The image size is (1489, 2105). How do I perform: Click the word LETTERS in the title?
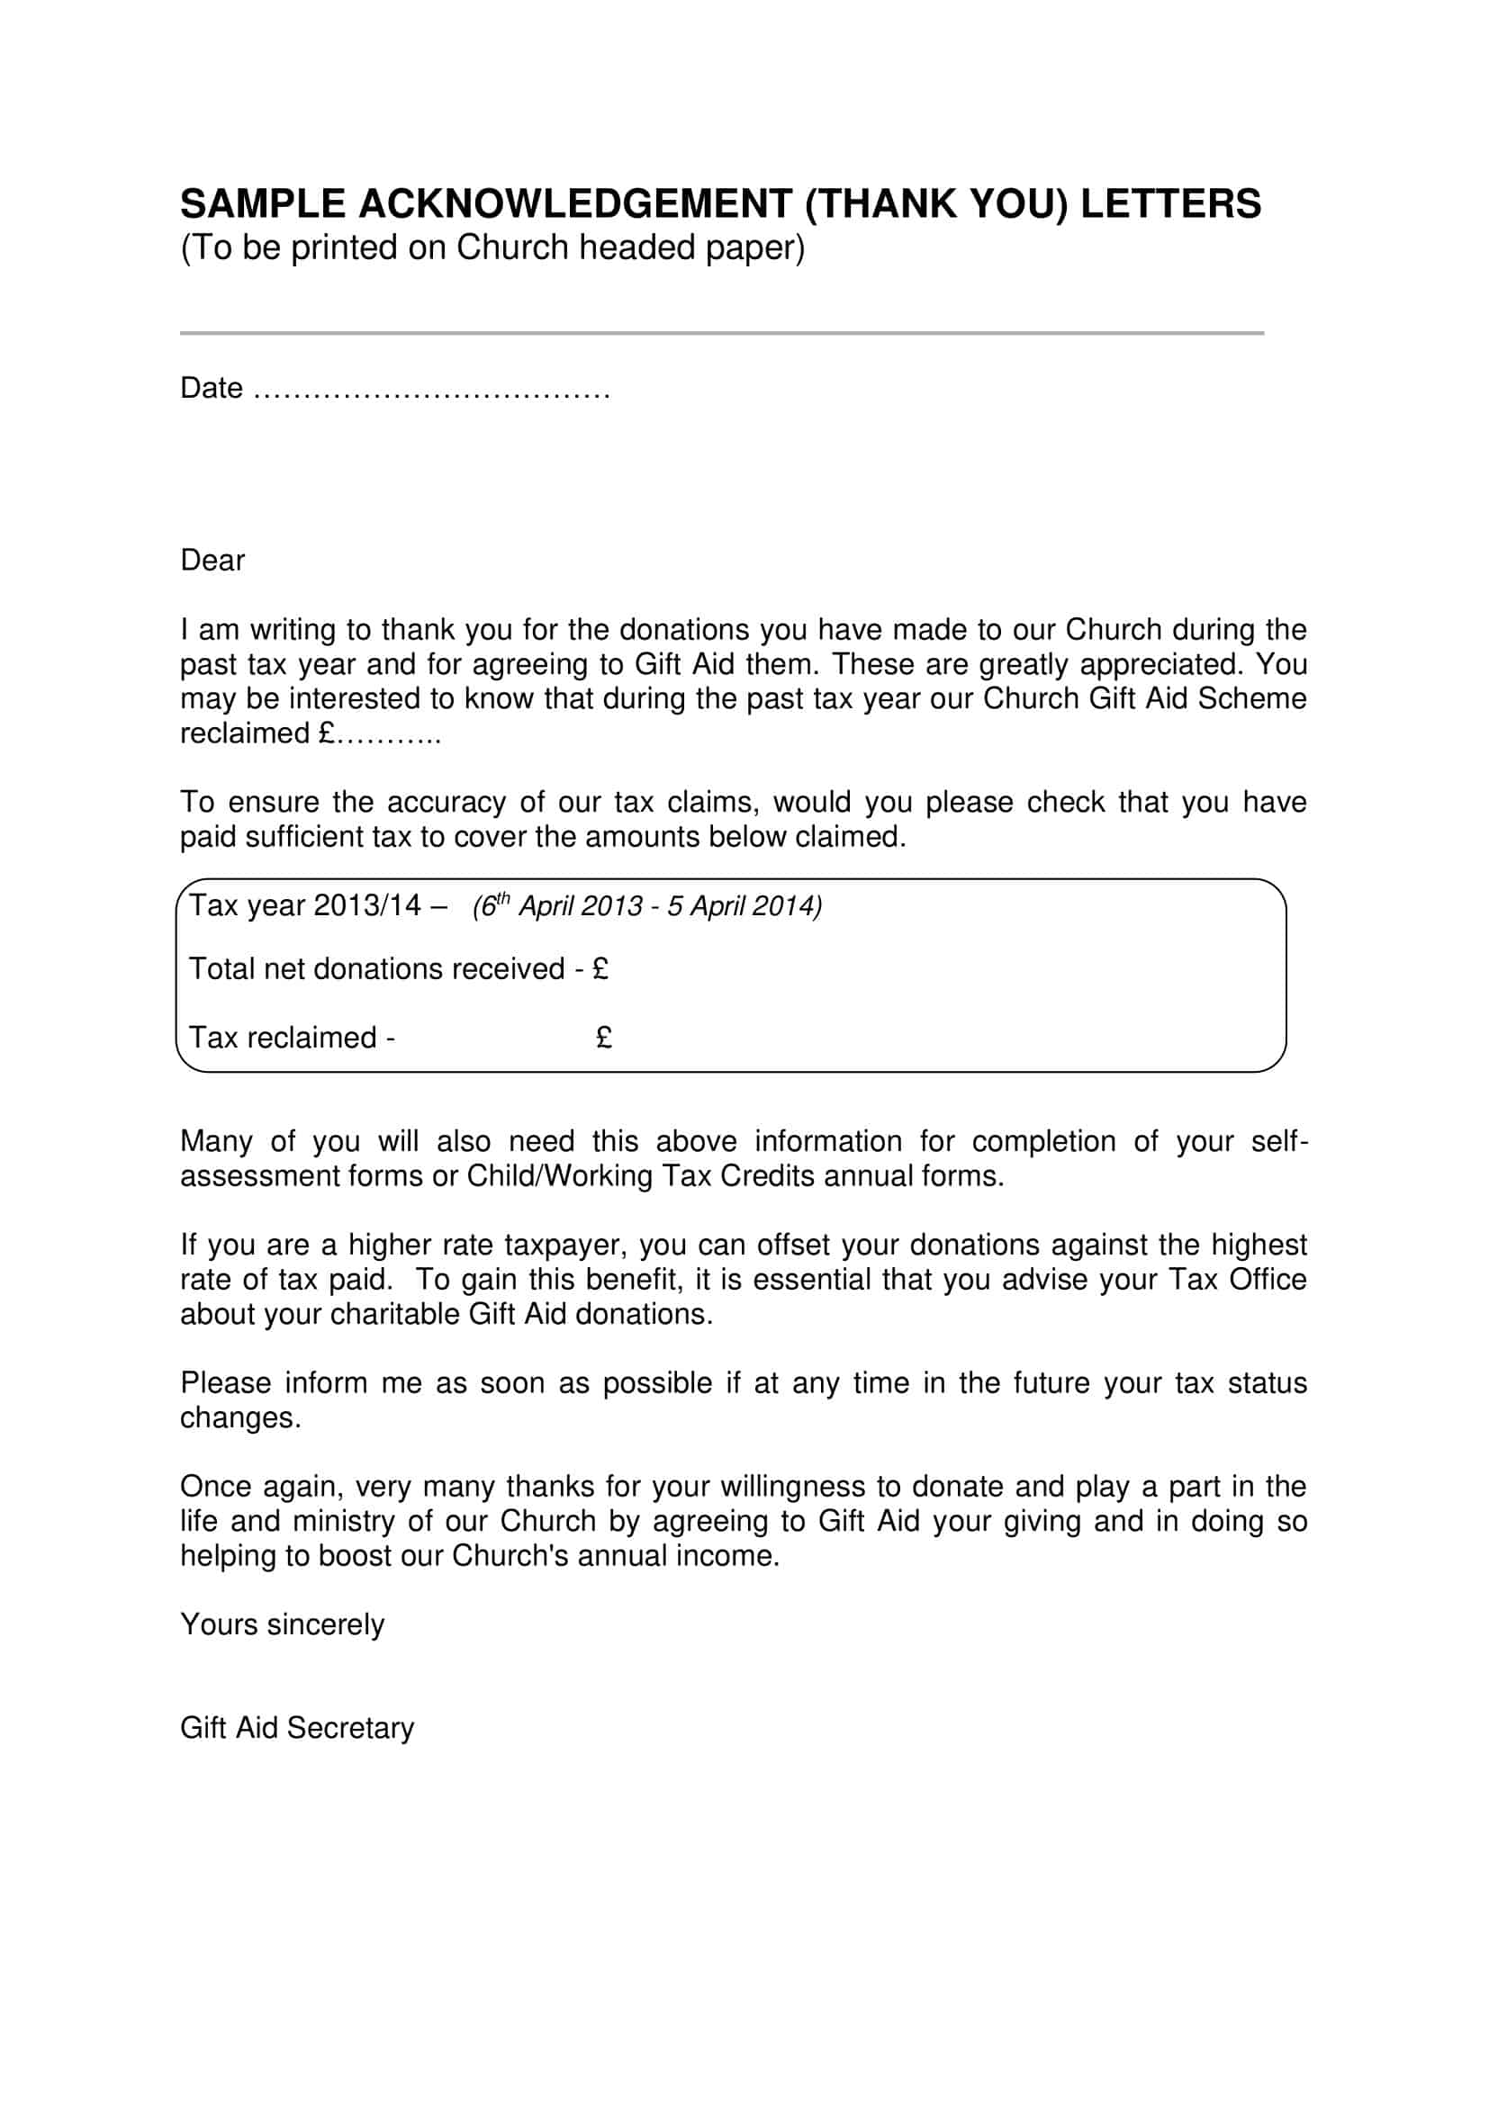tap(1171, 203)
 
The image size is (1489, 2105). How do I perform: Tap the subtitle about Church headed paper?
tap(492, 247)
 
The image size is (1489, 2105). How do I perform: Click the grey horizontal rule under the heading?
tap(722, 333)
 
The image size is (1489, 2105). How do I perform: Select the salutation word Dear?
tap(212, 560)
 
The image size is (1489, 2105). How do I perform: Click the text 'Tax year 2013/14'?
tap(304, 906)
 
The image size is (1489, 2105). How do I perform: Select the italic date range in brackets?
tap(646, 906)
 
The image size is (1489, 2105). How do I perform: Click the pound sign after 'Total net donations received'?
tap(600, 969)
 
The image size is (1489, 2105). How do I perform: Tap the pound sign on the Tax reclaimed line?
tap(603, 1038)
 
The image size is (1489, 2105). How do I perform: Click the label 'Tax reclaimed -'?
tap(292, 1038)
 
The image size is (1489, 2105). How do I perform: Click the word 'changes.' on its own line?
tap(240, 1418)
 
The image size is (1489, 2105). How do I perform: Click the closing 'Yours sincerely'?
tap(282, 1624)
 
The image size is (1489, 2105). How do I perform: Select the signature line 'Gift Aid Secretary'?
tap(297, 1728)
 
